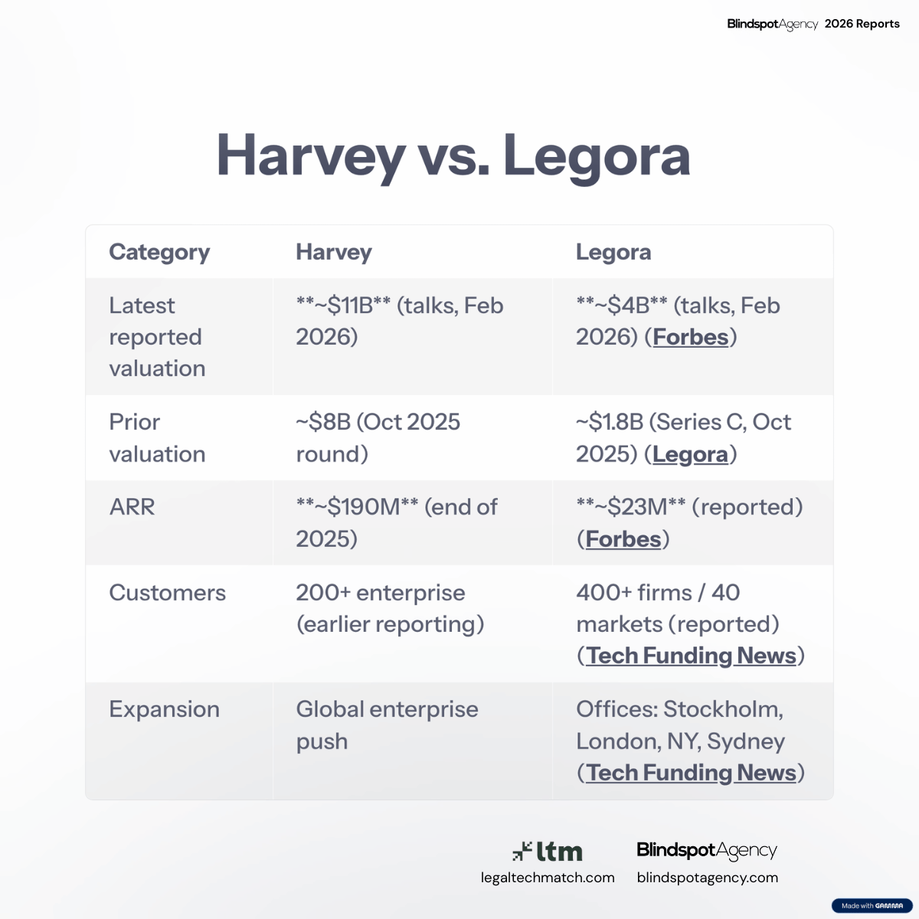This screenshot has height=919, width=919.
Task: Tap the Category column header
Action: (x=159, y=252)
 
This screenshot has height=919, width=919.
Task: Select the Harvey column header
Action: (x=334, y=252)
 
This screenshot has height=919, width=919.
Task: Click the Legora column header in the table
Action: (x=613, y=252)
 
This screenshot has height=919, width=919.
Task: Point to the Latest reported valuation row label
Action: (x=158, y=337)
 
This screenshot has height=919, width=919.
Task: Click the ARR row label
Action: (x=132, y=507)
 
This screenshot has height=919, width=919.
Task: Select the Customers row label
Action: (x=168, y=593)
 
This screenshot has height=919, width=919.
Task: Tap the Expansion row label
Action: (x=165, y=710)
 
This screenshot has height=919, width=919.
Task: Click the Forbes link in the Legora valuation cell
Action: (x=691, y=337)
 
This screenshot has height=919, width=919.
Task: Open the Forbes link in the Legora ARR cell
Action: (x=623, y=539)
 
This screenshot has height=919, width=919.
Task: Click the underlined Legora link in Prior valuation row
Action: (x=690, y=454)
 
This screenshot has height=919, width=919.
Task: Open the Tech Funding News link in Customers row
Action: (x=691, y=656)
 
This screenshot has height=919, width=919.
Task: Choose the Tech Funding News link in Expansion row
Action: (x=691, y=773)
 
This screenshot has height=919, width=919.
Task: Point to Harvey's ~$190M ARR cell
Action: (x=397, y=523)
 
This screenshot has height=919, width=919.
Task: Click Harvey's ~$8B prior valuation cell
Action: (x=378, y=438)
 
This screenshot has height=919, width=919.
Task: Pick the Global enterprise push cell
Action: (x=387, y=725)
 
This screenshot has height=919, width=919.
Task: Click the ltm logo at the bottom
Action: (x=548, y=852)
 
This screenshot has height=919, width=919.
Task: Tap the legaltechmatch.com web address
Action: (x=548, y=878)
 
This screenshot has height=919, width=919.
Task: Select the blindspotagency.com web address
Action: (x=708, y=878)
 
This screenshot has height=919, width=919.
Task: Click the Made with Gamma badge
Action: (x=872, y=905)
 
